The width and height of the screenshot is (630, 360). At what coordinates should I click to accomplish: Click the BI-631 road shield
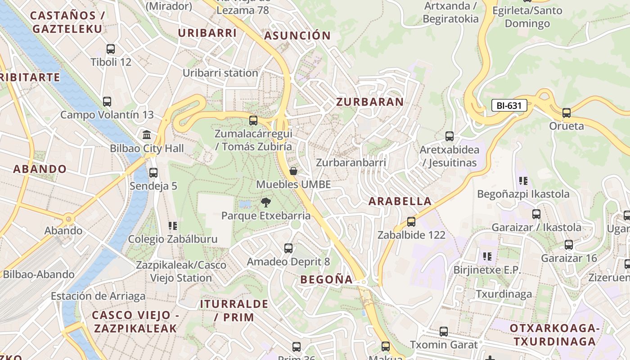click(x=509, y=106)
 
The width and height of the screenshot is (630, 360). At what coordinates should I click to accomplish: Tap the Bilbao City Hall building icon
click(x=147, y=135)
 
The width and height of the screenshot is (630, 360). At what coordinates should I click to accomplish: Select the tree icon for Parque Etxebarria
click(x=266, y=202)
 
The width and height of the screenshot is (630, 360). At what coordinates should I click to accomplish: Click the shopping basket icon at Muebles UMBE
click(x=293, y=171)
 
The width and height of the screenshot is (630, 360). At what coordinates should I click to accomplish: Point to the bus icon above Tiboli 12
click(x=111, y=49)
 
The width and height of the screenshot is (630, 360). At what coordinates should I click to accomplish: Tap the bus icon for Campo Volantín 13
click(x=107, y=102)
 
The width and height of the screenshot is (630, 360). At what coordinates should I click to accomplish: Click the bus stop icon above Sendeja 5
click(x=153, y=172)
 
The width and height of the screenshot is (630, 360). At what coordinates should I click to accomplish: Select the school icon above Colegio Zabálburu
click(x=173, y=225)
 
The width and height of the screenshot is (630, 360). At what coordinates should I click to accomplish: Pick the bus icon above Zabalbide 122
click(x=411, y=221)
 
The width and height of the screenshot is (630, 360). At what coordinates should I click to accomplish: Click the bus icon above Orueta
click(x=567, y=112)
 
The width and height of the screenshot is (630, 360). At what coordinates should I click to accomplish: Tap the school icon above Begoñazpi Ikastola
click(x=523, y=181)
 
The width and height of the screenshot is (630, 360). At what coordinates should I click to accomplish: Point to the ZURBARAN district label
click(x=370, y=102)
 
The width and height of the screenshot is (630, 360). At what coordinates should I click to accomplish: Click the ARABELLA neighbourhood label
click(x=400, y=201)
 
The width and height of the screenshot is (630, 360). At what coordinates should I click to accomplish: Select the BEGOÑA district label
click(x=327, y=279)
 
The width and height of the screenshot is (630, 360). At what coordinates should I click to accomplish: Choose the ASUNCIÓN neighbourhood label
click(x=297, y=36)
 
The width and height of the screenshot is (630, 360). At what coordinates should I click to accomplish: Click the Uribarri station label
click(x=220, y=73)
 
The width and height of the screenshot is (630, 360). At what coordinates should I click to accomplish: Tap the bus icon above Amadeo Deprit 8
click(x=288, y=248)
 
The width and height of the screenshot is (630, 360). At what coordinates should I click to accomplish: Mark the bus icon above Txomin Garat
click(x=444, y=332)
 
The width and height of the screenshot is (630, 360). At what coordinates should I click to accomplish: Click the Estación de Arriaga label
click(x=98, y=296)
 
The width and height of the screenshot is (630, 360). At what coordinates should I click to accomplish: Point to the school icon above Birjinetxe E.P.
click(x=487, y=256)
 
